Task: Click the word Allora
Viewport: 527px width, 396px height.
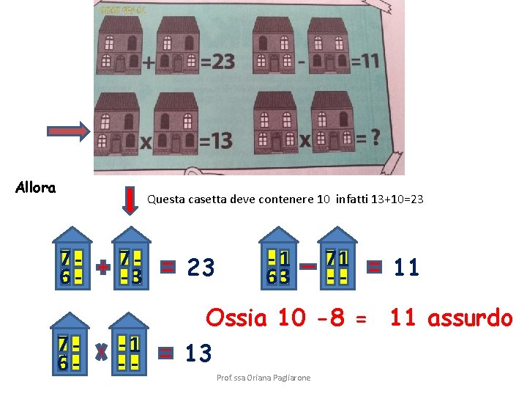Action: pyautogui.click(x=35, y=188)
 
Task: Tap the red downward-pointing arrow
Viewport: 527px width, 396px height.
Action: pyautogui.click(x=129, y=200)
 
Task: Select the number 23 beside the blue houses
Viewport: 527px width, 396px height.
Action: pyautogui.click(x=201, y=268)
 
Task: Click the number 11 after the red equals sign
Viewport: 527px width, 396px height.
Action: pyautogui.click(x=406, y=268)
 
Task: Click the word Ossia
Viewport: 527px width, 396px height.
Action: pyautogui.click(x=236, y=319)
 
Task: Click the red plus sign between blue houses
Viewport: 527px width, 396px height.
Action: pyautogui.click(x=102, y=268)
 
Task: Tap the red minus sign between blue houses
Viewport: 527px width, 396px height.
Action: pyautogui.click(x=307, y=266)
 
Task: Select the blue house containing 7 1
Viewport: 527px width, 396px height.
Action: pyautogui.click(x=337, y=260)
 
